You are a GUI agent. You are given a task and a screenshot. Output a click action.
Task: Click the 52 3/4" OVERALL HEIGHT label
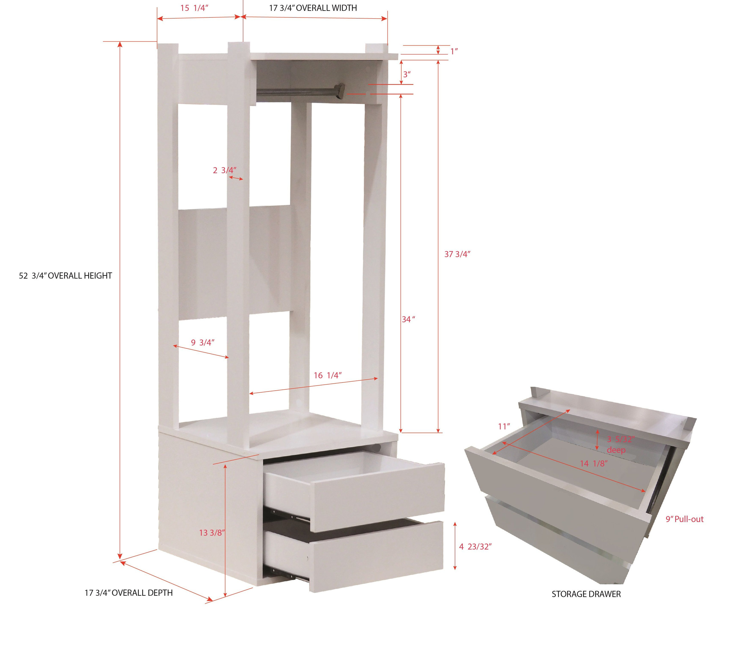(x=65, y=276)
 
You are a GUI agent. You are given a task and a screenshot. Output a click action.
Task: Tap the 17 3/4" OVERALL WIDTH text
(x=313, y=8)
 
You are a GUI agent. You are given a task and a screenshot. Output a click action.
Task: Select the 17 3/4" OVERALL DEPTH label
(x=129, y=593)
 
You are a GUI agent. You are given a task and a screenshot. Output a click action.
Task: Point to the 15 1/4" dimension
(x=194, y=8)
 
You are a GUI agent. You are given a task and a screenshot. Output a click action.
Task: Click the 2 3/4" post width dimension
(x=224, y=170)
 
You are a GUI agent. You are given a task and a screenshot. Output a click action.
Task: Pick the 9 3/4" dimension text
(x=202, y=343)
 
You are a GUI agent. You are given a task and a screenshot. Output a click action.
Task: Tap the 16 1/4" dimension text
(x=327, y=375)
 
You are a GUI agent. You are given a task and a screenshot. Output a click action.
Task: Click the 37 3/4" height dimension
(x=457, y=254)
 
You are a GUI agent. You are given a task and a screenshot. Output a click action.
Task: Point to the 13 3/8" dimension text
(x=212, y=533)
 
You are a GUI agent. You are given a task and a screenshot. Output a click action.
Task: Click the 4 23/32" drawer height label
(x=475, y=546)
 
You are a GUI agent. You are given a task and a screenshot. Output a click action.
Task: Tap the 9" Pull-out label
(x=684, y=519)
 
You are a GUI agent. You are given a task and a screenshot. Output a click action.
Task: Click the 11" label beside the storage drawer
(x=504, y=426)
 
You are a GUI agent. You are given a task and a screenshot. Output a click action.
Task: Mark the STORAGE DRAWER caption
(x=586, y=594)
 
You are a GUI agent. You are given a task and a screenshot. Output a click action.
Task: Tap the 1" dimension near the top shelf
(x=454, y=51)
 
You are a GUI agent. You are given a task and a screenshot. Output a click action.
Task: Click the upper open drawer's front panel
(x=379, y=497)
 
